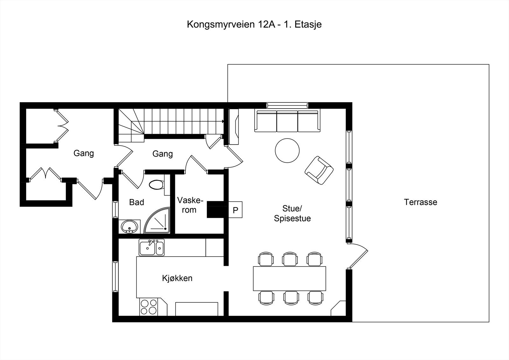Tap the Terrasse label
pos(420,202)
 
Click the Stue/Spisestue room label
pos(292,214)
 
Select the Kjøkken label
pos(177,278)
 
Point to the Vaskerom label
pos(190,205)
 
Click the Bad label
pos(136,202)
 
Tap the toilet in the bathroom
pos(157,185)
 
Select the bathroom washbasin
pos(129,227)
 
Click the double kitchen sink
pos(151,247)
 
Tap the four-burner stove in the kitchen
pos(149,307)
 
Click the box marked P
pos(235,210)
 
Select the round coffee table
pos(287,151)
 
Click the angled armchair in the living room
pos(319,170)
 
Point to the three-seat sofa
pos(287,121)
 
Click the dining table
pos(289,279)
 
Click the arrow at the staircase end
pos(223,121)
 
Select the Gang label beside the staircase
pos(163,154)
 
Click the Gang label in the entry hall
pos(84,153)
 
